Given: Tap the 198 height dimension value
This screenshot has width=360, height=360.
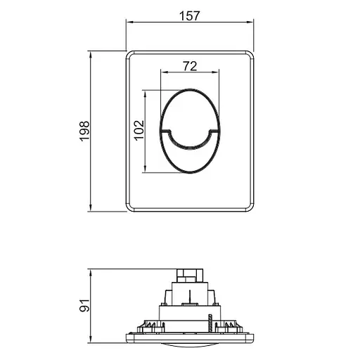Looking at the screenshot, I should click(84, 130).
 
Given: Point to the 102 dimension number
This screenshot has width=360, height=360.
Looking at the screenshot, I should click(139, 129).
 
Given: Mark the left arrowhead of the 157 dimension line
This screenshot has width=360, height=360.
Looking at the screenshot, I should click(129, 23).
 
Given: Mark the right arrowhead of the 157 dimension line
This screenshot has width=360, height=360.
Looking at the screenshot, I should click(252, 23).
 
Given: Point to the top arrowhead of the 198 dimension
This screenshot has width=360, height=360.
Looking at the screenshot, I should click(91, 53).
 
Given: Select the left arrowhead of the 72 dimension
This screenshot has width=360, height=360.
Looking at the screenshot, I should click(163, 72).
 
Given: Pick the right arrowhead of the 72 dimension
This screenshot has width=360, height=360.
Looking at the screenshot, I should click(219, 72).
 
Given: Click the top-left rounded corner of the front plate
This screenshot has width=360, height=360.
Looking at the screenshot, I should click(131, 54).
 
